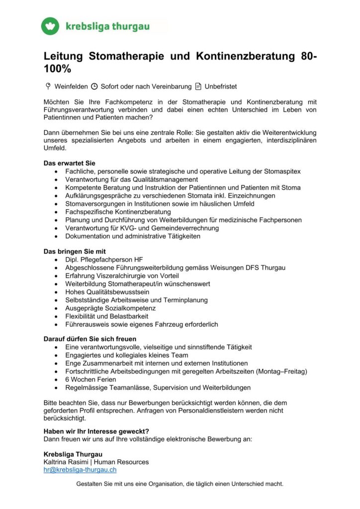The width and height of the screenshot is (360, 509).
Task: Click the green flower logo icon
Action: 50,26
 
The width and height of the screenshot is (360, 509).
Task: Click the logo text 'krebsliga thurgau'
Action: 107,26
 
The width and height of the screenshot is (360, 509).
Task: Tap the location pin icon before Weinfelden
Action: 48,86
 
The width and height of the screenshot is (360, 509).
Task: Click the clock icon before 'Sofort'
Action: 94,86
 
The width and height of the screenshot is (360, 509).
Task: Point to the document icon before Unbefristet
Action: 198,86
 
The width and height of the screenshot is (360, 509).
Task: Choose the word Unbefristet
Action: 221,86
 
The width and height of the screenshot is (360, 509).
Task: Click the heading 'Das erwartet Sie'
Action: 70,163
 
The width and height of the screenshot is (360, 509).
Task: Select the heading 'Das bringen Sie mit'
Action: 75,252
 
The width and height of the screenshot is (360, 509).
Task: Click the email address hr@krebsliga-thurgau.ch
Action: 80,469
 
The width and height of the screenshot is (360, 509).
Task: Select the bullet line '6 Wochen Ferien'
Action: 90,379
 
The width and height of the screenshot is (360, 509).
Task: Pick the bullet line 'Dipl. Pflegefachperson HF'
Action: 104,259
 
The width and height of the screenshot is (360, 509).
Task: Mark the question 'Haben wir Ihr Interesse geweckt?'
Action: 96,431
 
